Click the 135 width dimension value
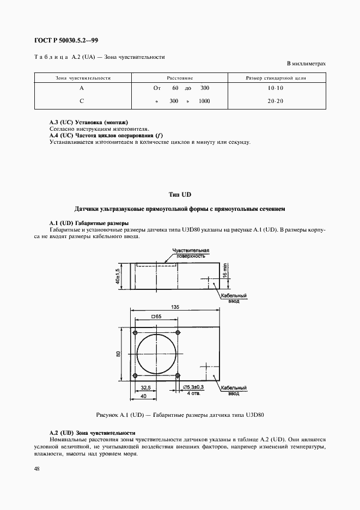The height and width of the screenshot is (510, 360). click(174, 307)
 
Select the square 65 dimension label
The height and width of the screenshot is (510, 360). click(156, 317)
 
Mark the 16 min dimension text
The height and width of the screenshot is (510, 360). click(225, 270)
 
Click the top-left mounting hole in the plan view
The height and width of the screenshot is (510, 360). click(135, 332)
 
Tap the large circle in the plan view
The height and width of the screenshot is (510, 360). click(157, 354)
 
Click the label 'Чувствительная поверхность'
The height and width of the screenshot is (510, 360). click(190, 252)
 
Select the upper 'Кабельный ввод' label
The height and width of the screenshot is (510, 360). click(234, 297)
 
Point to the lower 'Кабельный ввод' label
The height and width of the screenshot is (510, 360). click(234, 390)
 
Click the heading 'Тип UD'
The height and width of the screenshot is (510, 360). click(180, 195)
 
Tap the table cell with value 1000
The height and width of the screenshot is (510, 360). click(204, 101)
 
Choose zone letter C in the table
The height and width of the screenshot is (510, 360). click(81, 101)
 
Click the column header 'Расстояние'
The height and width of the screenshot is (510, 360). click(179, 78)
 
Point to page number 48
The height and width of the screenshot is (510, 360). click(36, 469)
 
